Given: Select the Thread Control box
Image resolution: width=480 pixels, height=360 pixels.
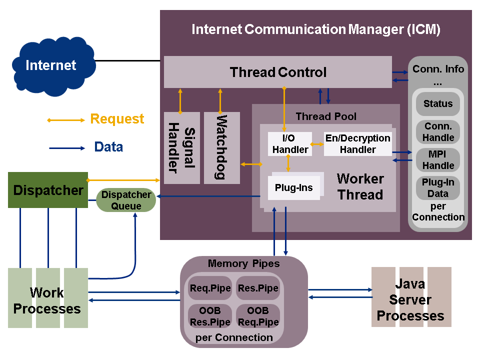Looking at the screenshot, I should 278,72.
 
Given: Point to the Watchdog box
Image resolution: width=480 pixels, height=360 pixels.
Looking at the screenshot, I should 221,148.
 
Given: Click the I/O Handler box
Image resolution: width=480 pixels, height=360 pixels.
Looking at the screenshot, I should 289,143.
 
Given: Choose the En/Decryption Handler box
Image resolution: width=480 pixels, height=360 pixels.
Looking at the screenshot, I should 357,143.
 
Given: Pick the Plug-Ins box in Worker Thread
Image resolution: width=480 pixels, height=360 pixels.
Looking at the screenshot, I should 294,188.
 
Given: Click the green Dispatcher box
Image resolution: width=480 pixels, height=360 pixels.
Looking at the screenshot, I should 48,190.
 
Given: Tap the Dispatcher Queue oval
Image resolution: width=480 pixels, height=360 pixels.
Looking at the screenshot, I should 126,200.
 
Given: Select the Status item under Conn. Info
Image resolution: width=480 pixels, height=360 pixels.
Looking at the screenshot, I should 438,104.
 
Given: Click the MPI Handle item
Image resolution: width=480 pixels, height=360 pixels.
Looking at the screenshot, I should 438,160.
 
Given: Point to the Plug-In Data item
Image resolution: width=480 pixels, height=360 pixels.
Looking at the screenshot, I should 438,188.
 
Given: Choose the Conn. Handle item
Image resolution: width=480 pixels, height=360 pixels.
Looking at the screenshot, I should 438,132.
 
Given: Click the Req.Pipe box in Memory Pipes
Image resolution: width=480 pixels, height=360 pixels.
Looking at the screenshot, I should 210,288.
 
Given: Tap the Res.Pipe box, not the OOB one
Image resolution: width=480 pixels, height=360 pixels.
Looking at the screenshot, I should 257,288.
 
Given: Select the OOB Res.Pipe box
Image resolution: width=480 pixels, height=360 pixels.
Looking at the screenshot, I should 210,316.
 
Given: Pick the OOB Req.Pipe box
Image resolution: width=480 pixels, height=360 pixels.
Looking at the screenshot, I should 257,316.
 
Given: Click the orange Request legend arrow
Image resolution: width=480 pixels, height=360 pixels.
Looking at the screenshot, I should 66,120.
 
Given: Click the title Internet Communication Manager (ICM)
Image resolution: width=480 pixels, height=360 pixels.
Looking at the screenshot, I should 316,29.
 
